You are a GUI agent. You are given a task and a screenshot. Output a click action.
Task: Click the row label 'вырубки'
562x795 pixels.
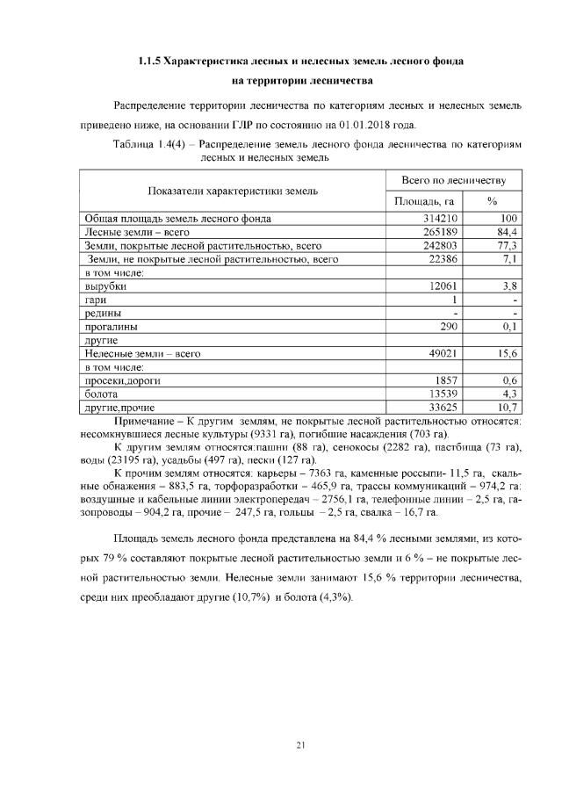pos(105,286)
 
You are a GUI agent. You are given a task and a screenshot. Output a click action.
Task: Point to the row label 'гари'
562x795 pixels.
pos(96,300)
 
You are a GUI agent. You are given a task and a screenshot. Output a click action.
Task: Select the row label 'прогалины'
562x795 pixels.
pos(111,327)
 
